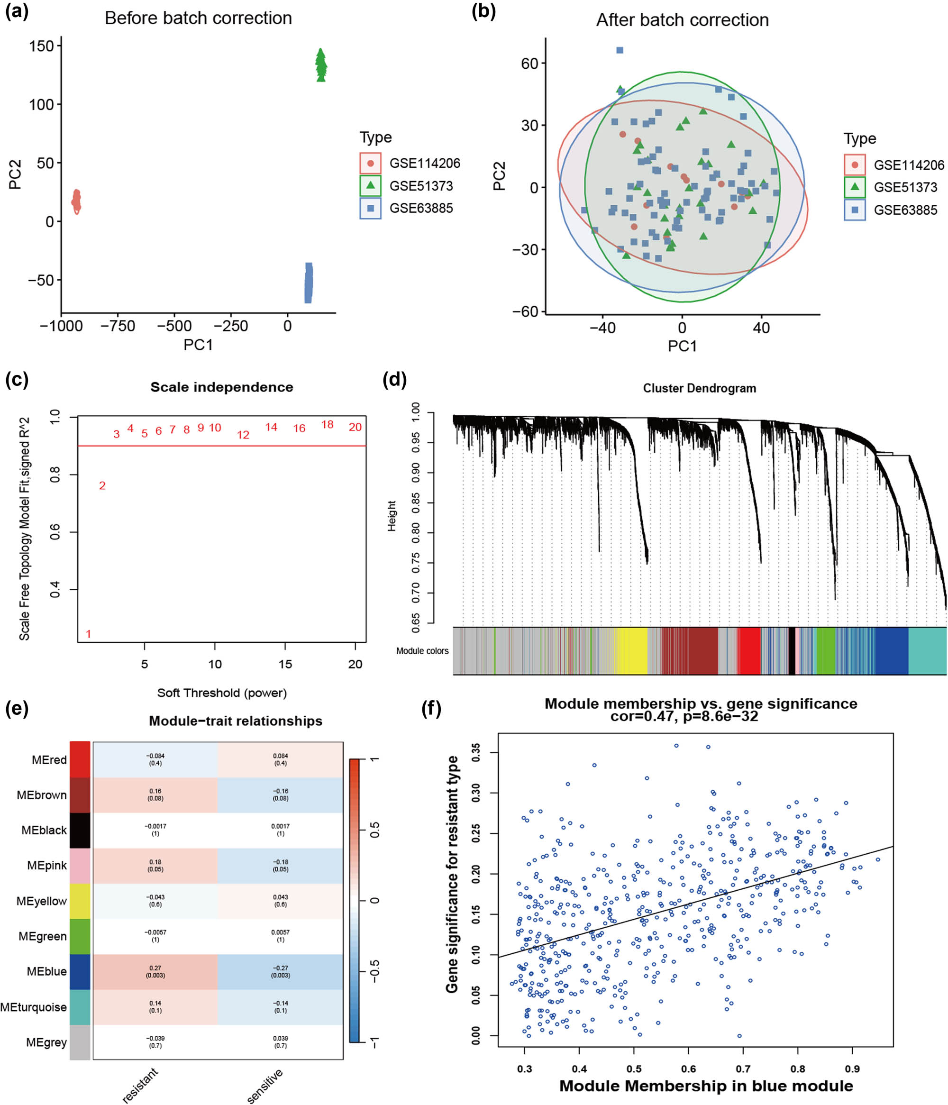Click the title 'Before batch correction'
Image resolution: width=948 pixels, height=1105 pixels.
[x=198, y=18]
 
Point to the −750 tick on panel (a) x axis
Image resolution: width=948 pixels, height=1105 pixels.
[x=118, y=326]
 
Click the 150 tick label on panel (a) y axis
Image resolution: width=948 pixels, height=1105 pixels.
[x=42, y=46]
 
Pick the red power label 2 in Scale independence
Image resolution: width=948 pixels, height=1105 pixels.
[x=102, y=486]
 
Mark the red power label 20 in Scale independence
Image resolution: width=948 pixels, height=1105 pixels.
[x=355, y=427]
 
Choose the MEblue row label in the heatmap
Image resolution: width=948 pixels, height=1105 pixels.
[x=47, y=972]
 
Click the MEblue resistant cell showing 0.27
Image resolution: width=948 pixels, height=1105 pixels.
[x=155, y=972]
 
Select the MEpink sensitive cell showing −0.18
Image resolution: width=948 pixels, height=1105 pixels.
[x=281, y=866]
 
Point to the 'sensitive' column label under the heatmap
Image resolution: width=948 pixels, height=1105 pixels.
[x=265, y=1085]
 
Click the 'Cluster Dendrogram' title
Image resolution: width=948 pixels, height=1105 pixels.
[x=699, y=388]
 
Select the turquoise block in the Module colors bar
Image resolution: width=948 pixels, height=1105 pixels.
[x=927, y=650]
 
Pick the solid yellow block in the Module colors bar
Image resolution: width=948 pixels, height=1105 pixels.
[x=632, y=650]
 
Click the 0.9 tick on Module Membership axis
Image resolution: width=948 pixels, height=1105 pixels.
[x=852, y=1068]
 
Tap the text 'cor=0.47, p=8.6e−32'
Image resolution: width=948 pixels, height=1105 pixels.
[x=684, y=716]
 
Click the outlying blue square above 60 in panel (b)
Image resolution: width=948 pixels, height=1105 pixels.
[x=620, y=50]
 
